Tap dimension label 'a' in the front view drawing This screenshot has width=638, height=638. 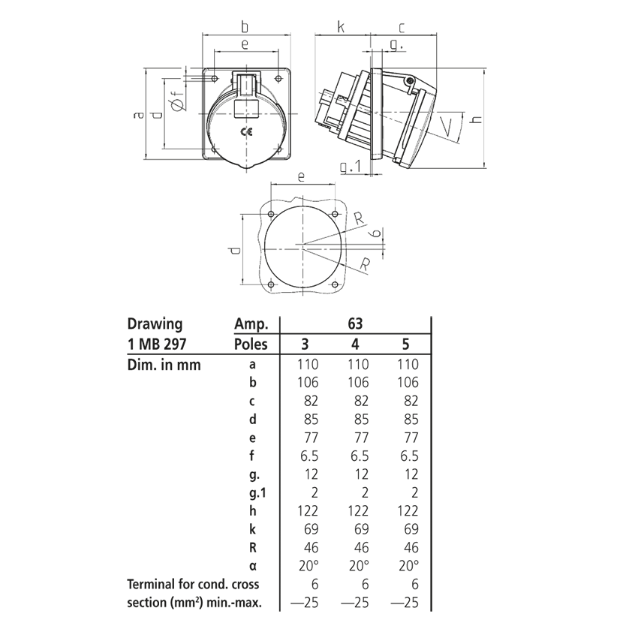[x=137, y=116]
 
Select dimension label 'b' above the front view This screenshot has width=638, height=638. [x=245, y=27]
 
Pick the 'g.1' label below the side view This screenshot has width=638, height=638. [x=351, y=167]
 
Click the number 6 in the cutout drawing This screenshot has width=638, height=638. [x=373, y=234]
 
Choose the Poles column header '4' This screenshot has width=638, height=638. [x=356, y=345]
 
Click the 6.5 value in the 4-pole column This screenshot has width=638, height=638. [x=357, y=456]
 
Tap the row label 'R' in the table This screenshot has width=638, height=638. [x=252, y=547]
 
